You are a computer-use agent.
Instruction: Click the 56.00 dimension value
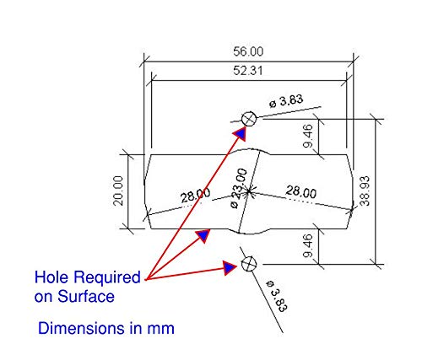coord(248,51)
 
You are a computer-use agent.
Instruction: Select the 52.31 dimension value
coord(248,71)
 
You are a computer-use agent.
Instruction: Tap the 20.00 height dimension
coord(118,191)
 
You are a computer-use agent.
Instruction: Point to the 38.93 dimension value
coord(365,191)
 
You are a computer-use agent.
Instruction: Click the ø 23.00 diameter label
coord(238,188)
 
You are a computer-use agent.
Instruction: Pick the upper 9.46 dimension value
coord(308,136)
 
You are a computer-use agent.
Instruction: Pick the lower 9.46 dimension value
coord(308,246)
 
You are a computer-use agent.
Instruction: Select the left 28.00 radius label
coord(195,195)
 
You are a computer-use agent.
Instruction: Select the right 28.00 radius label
coord(301,191)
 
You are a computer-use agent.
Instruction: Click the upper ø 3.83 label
coord(286,100)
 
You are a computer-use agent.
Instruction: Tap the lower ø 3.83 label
coord(277,296)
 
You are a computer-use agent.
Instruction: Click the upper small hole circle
coord(249,119)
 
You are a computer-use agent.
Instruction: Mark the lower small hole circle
coord(249,264)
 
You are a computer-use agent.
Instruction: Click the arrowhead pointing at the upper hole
coord(241,132)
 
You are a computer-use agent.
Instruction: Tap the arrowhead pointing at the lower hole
coord(230,268)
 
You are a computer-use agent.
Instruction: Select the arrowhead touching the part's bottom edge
coord(203,236)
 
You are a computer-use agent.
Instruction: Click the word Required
coord(107,277)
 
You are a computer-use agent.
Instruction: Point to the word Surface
coord(86,297)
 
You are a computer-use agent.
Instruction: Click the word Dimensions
coord(82,328)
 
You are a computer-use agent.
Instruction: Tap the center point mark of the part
coord(249,191)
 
